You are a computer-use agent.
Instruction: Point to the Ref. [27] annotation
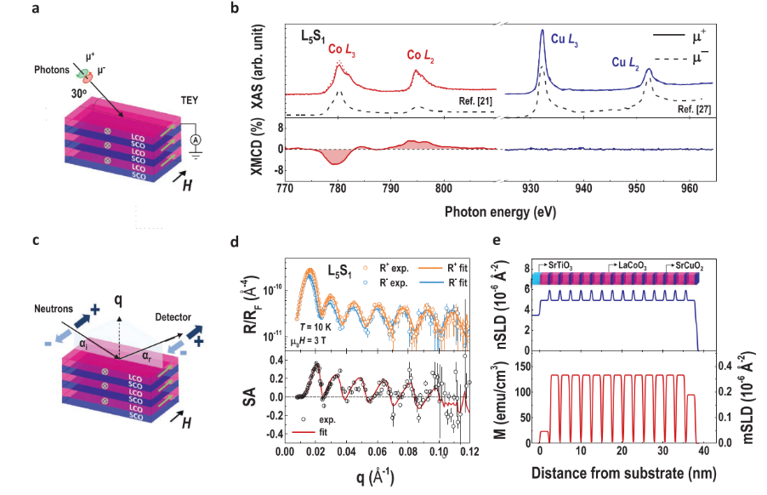coord(694,110)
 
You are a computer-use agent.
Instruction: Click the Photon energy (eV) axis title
coord(499,210)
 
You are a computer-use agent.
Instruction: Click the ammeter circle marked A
coord(195,139)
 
